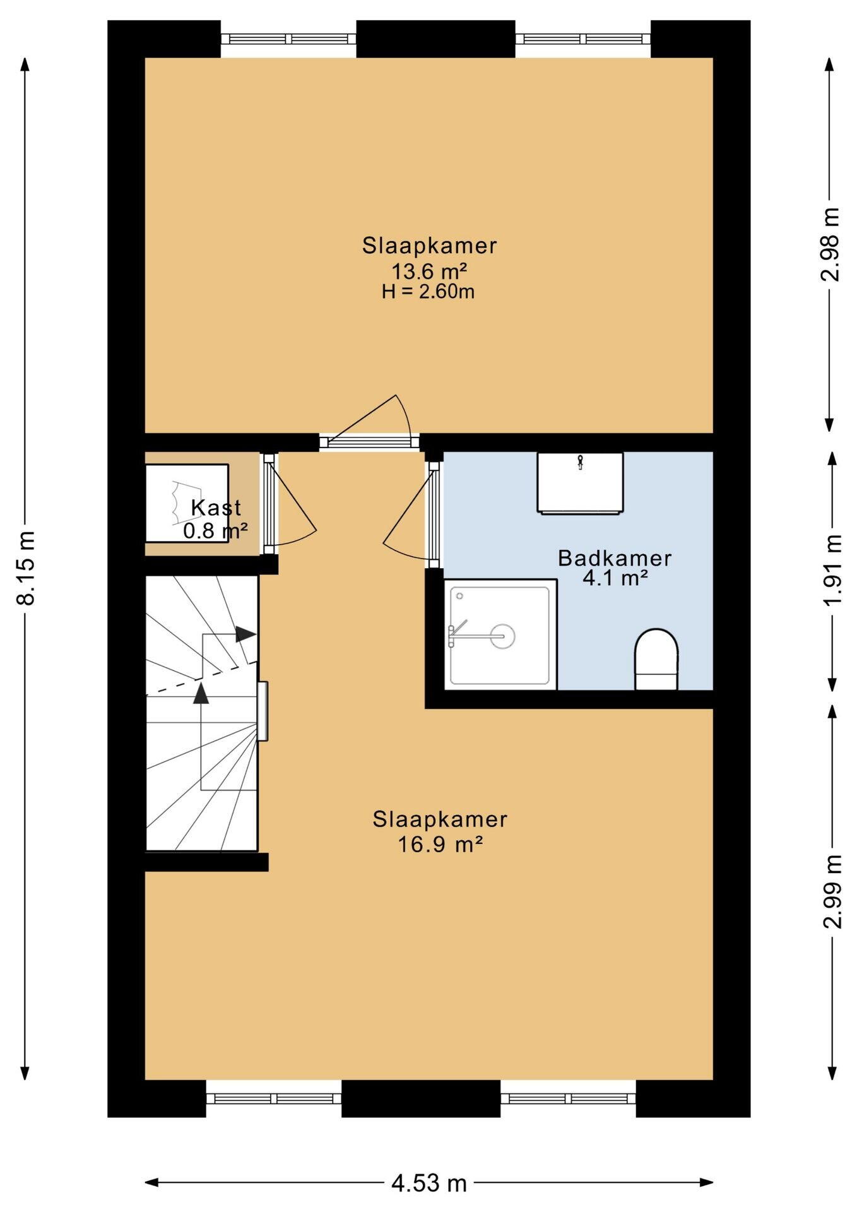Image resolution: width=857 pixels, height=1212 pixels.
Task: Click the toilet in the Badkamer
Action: (x=656, y=659)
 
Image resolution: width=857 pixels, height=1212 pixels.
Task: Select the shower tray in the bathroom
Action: (x=500, y=634)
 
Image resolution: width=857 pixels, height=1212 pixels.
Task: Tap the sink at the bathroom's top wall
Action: (x=580, y=482)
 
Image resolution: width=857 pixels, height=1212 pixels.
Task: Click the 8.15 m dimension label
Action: (x=27, y=567)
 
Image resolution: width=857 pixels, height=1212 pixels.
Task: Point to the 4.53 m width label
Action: (x=429, y=1182)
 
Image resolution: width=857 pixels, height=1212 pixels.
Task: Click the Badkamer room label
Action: (x=615, y=558)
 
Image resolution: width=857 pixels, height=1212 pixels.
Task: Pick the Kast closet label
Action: (x=216, y=508)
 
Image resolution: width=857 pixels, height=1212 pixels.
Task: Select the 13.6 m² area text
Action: (x=429, y=271)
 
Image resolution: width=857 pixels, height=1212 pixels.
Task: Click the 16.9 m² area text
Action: (x=440, y=844)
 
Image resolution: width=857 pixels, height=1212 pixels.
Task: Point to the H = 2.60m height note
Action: (x=428, y=292)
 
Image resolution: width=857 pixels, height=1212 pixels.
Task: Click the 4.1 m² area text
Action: (x=615, y=578)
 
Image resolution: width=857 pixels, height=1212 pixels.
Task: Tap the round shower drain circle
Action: (x=502, y=636)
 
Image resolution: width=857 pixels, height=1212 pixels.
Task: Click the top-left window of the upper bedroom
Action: (x=288, y=39)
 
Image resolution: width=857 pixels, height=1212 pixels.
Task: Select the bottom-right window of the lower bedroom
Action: (x=568, y=1098)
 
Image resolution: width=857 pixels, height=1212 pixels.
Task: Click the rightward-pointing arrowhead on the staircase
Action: (x=245, y=634)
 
